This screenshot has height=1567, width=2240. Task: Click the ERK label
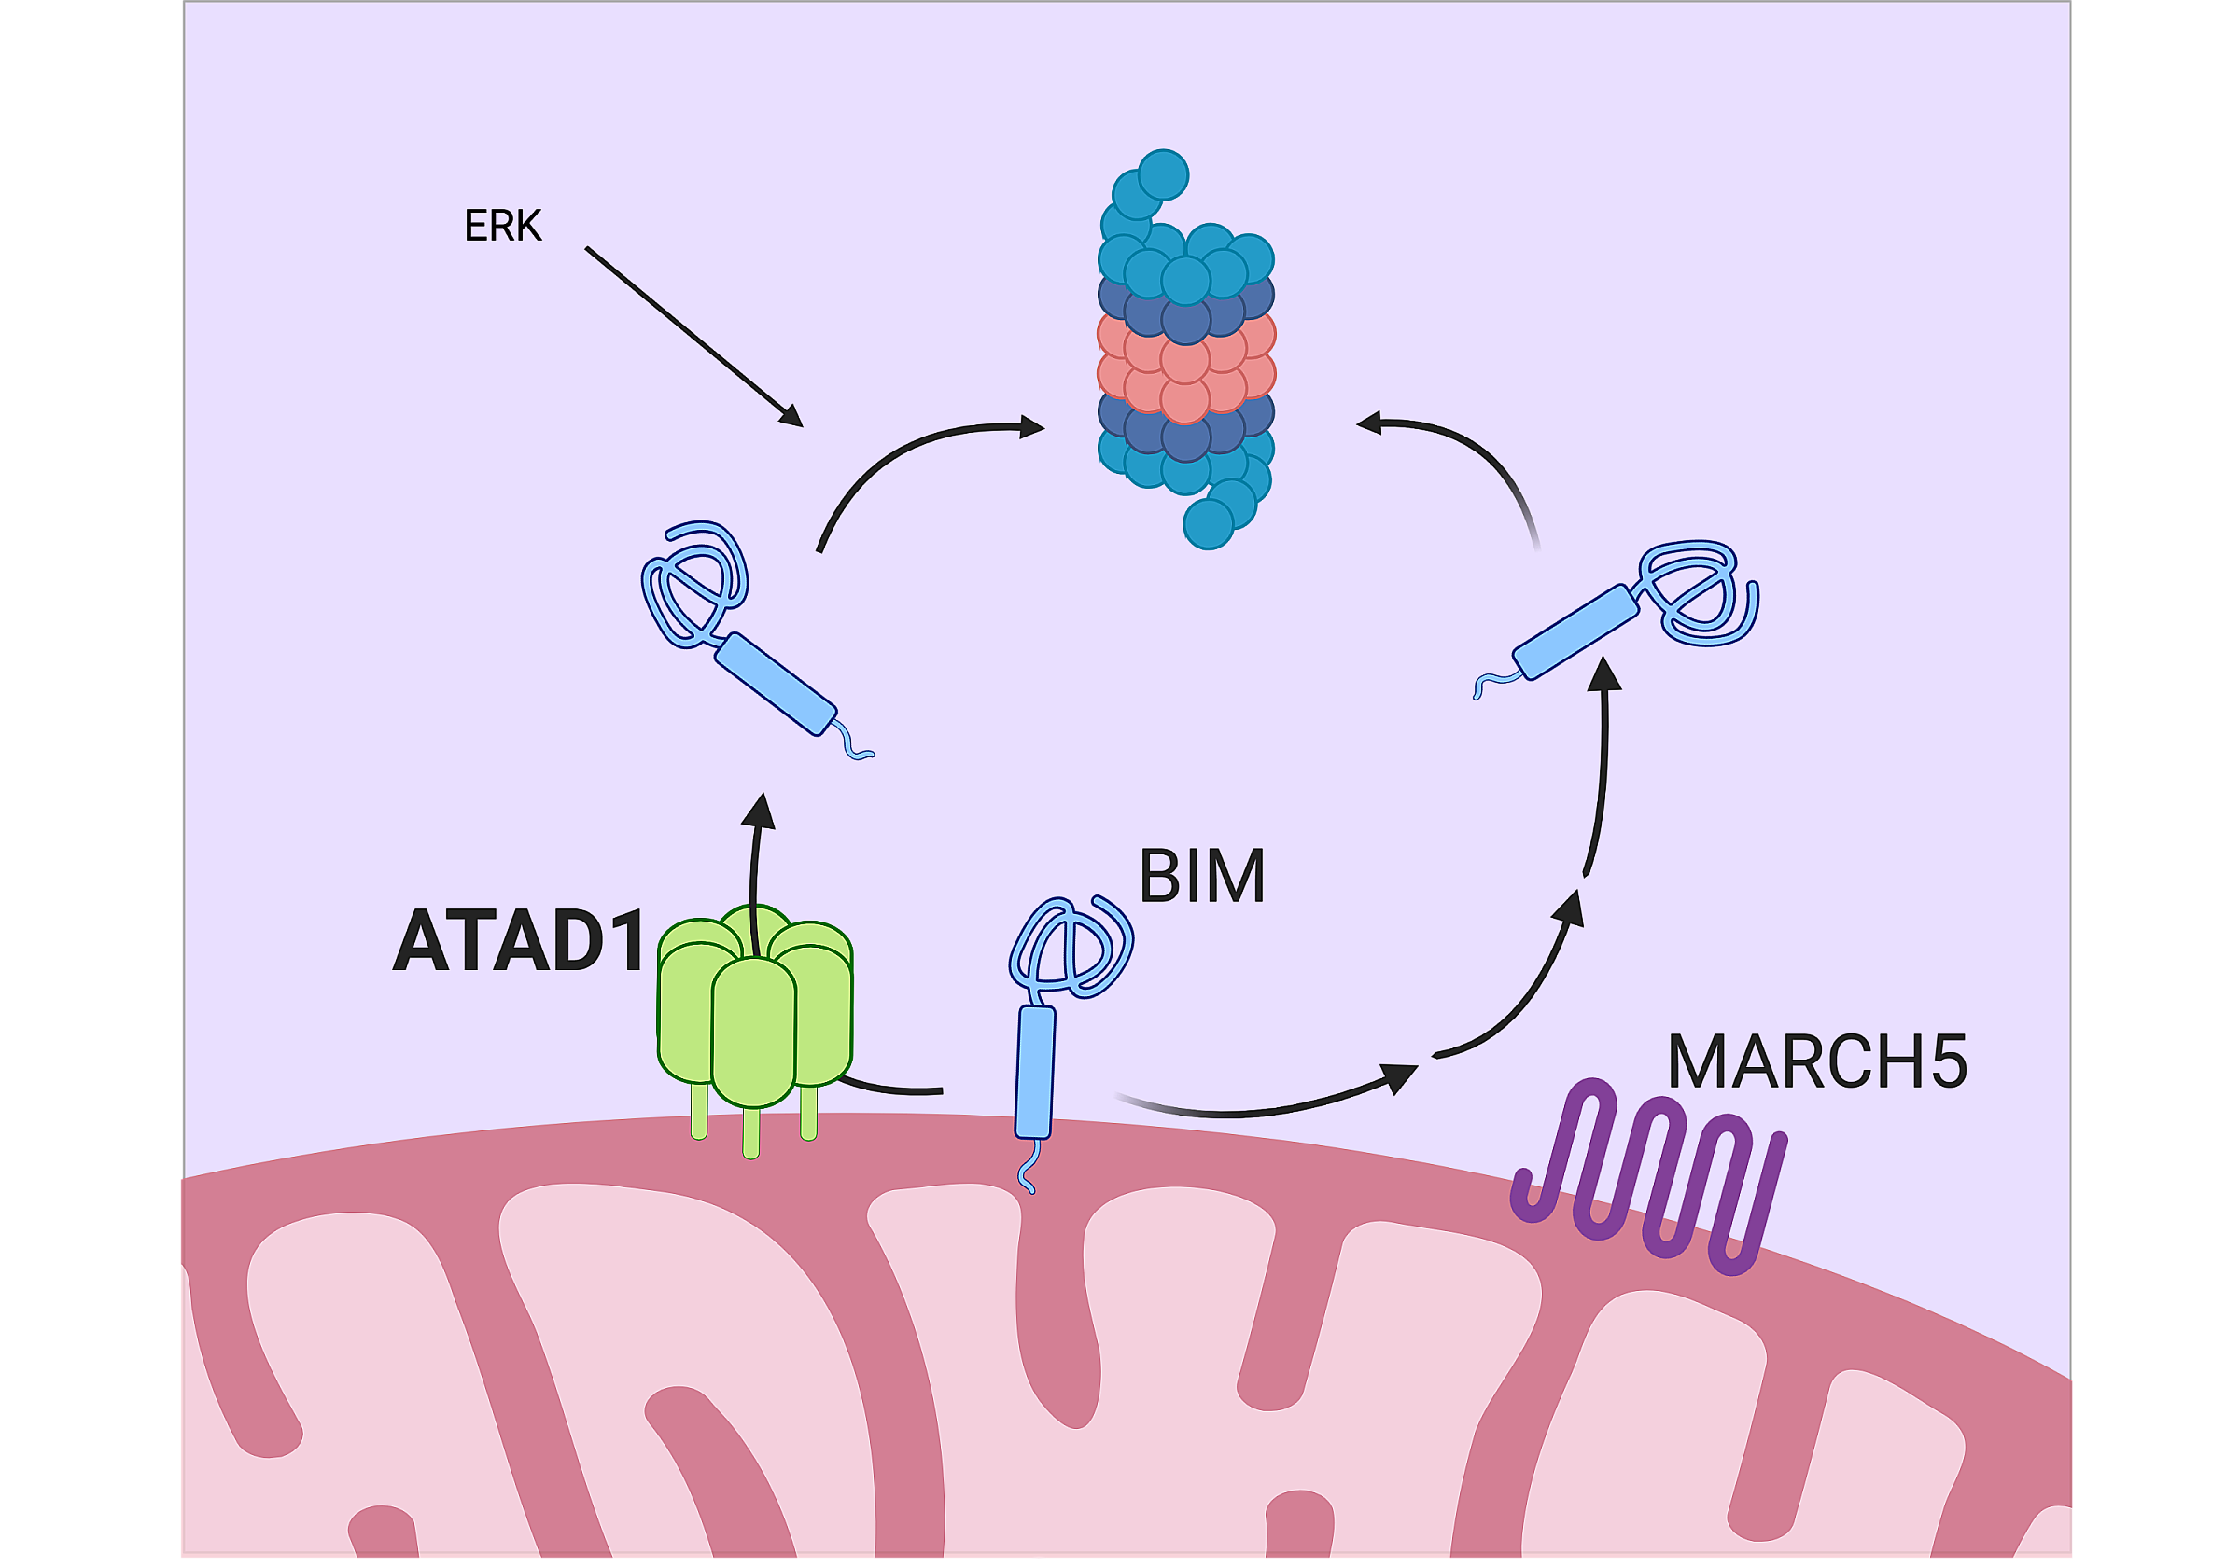click(502, 225)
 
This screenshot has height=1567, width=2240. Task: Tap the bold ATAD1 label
click(519, 940)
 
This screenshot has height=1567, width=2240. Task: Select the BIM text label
click(1202, 876)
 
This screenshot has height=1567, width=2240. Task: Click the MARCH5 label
click(1816, 1061)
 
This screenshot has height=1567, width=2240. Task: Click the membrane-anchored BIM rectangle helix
click(1035, 1073)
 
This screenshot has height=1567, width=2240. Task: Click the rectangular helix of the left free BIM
click(776, 685)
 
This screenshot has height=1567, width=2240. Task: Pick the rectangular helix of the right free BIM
click(1575, 631)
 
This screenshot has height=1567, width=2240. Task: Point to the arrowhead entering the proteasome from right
click(1369, 423)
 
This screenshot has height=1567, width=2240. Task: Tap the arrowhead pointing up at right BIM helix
click(1603, 673)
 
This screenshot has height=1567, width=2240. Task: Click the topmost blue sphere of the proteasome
click(1163, 174)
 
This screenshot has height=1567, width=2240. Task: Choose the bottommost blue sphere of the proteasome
click(1209, 524)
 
